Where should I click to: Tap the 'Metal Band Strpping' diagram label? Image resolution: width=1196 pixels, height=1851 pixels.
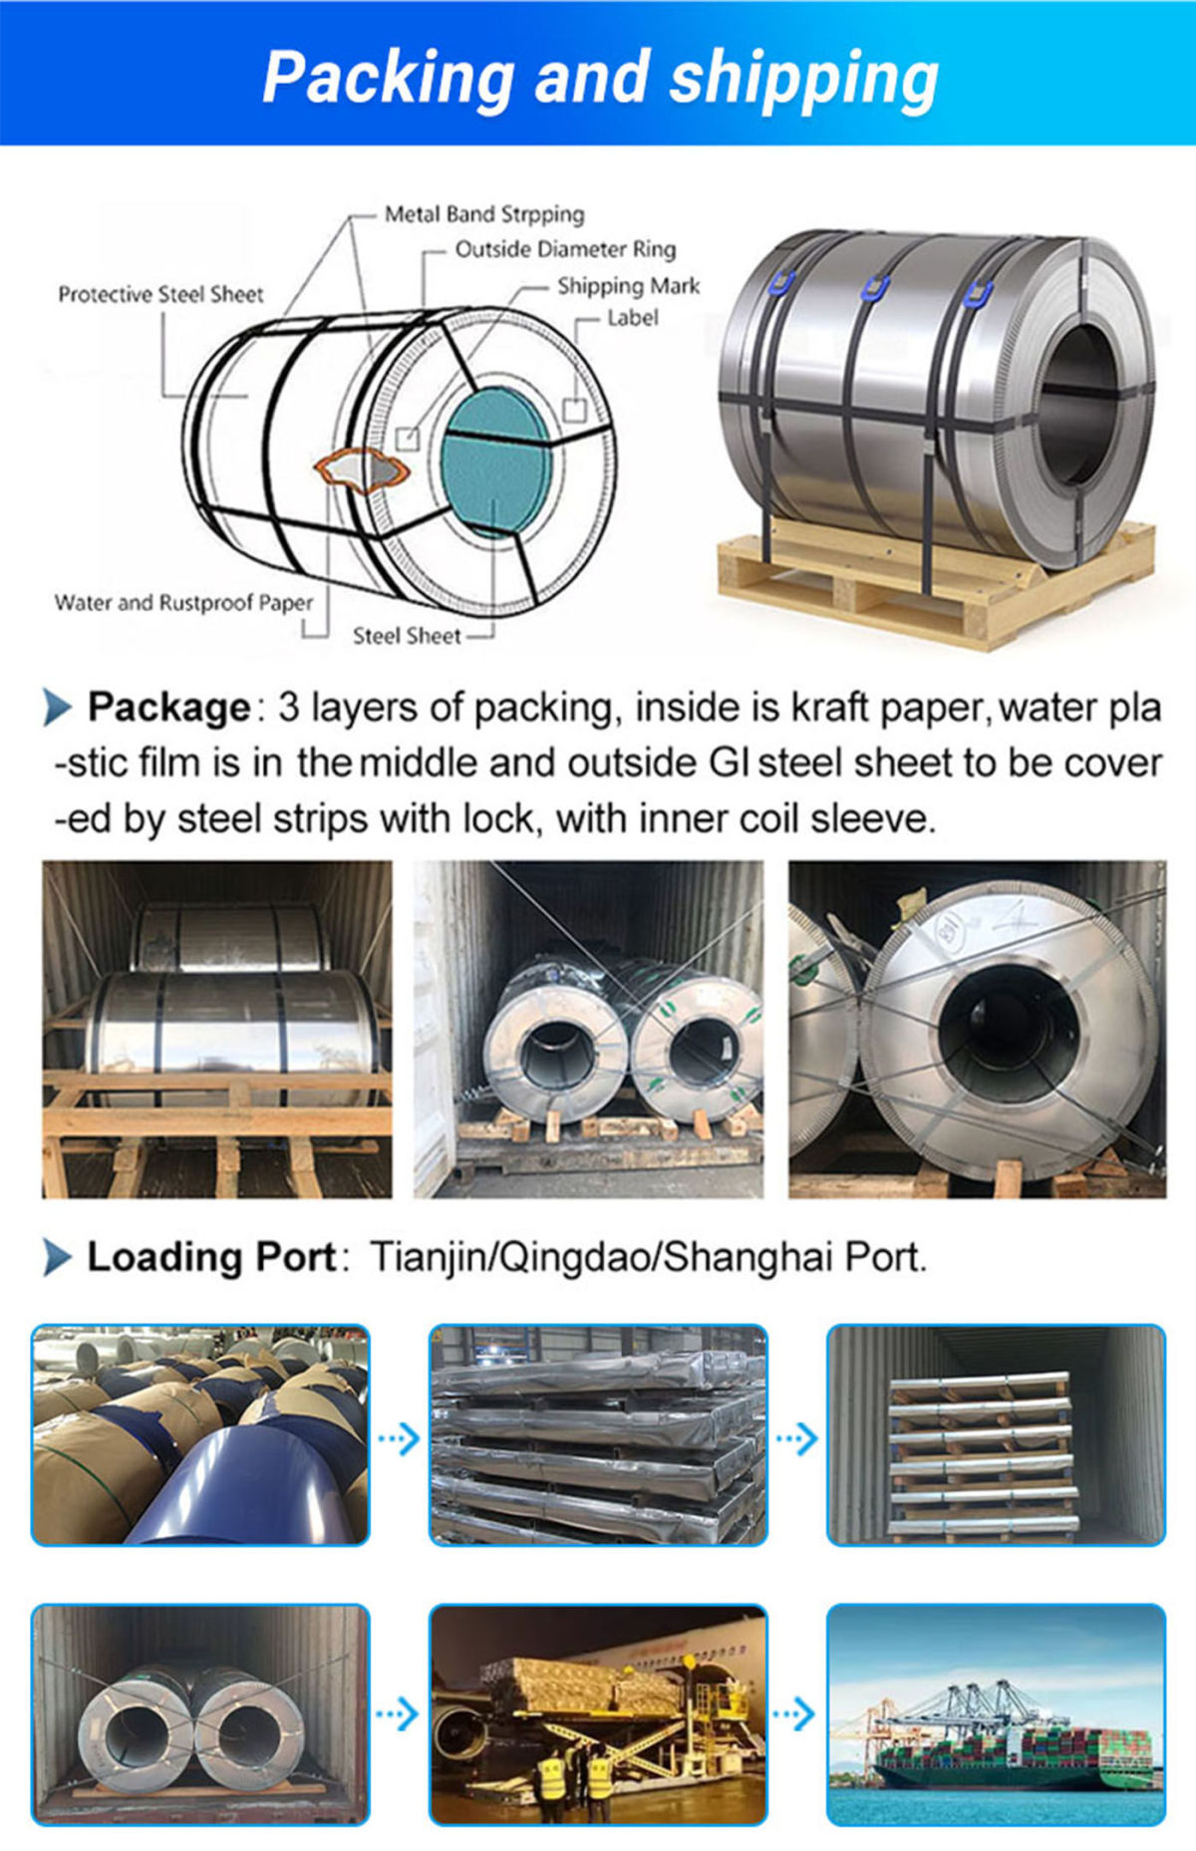click(484, 214)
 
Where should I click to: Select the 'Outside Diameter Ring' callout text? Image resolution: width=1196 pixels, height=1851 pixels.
click(565, 249)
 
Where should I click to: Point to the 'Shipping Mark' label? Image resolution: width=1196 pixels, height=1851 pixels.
click(628, 286)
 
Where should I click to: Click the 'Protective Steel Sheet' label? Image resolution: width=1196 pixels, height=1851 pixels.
click(160, 294)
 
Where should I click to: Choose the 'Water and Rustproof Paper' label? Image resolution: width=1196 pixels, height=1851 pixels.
click(183, 603)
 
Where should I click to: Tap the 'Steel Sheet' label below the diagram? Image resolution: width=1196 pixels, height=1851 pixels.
click(407, 636)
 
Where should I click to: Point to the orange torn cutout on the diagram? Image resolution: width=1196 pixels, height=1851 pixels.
click(361, 468)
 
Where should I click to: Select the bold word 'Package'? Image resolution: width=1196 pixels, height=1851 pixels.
click(168, 708)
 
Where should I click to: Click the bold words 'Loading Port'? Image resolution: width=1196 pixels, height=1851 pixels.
click(211, 1257)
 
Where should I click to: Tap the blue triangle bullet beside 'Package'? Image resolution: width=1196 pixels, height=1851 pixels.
click(58, 708)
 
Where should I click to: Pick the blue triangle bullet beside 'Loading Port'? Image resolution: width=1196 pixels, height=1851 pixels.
click(58, 1258)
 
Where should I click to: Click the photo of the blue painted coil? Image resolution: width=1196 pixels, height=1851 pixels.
click(200, 1435)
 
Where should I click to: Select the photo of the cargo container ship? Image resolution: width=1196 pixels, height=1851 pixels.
click(996, 1714)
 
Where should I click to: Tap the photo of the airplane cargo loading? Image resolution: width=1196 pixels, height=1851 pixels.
click(598, 1714)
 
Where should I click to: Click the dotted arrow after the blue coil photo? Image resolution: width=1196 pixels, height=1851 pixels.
click(399, 1438)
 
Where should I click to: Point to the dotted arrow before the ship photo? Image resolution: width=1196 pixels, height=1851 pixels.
click(795, 1714)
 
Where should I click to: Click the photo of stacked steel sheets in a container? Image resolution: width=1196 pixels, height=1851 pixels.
click(996, 1435)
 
